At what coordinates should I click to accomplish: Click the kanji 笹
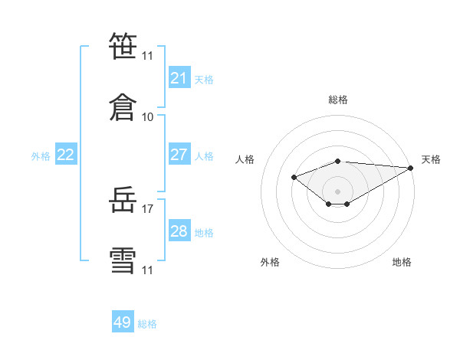(123, 46)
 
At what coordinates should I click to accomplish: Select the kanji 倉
(123, 107)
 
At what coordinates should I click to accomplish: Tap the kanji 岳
(123, 199)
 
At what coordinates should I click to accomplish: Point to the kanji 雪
(123, 260)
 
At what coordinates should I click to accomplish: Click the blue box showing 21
(179, 77)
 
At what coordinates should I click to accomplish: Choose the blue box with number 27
(179, 154)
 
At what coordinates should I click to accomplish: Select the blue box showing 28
(179, 230)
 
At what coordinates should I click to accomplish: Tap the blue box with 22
(66, 154)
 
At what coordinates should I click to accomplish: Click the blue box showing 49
(123, 321)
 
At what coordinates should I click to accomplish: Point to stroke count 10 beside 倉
(147, 117)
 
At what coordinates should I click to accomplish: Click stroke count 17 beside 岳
(147, 209)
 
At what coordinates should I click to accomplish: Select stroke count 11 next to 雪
(147, 270)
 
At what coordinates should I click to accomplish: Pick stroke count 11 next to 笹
(147, 56)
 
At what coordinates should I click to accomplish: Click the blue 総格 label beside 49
(147, 324)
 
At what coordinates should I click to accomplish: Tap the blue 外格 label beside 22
(41, 156)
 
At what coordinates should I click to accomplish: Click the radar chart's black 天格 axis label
(431, 159)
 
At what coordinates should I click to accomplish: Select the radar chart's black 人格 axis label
(245, 159)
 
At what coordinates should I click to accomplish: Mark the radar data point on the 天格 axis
(411, 168)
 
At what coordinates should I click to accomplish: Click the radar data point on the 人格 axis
(294, 178)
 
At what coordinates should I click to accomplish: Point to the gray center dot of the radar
(337, 191)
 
